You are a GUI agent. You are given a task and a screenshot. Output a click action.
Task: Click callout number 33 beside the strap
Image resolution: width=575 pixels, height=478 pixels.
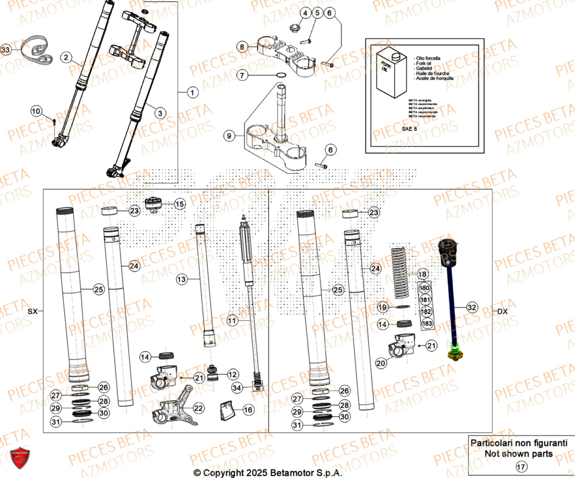point(6,51)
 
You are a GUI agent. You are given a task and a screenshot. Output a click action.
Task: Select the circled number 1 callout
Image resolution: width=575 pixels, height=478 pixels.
point(191,92)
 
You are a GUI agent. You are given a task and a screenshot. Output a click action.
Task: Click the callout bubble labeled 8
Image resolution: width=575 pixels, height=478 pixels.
point(243,47)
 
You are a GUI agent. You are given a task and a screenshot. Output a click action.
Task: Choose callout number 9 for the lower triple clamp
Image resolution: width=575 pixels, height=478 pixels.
point(229,136)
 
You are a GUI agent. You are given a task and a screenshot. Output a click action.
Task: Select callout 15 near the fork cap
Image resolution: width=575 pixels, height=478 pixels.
point(179,204)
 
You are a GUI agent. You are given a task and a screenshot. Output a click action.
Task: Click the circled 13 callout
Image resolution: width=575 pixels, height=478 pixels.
point(182,280)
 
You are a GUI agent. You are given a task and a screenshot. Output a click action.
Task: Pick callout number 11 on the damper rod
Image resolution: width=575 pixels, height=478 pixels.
point(232,320)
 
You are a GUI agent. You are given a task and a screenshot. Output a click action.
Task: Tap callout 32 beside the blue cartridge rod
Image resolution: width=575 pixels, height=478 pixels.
point(472,307)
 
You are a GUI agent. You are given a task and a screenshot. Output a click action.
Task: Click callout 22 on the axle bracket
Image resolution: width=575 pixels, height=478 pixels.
point(198,408)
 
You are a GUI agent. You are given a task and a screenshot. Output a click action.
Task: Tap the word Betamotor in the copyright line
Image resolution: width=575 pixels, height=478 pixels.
point(290,472)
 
